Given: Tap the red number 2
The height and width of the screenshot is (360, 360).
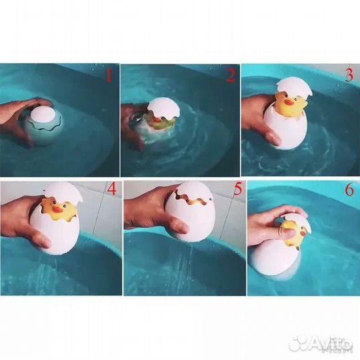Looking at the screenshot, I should click(230, 75).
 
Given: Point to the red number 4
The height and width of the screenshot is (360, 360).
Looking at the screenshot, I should click(111, 190).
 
